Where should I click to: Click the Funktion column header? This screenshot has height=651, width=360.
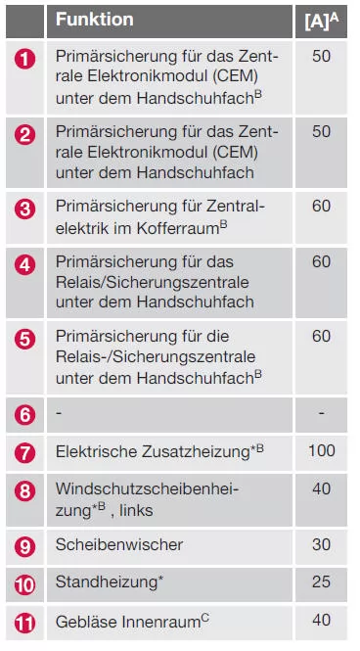pyautogui.click(x=95, y=19)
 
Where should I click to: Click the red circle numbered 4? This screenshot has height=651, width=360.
pyautogui.click(x=26, y=263)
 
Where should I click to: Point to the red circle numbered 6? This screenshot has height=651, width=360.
pyautogui.click(x=26, y=413)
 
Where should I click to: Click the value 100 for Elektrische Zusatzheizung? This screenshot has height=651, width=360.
pyautogui.click(x=321, y=452)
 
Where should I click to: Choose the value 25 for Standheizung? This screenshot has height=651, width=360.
pyautogui.click(x=321, y=582)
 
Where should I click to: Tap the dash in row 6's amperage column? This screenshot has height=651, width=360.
pyautogui.click(x=321, y=413)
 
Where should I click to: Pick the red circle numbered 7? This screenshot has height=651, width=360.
pyautogui.click(x=26, y=453)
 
